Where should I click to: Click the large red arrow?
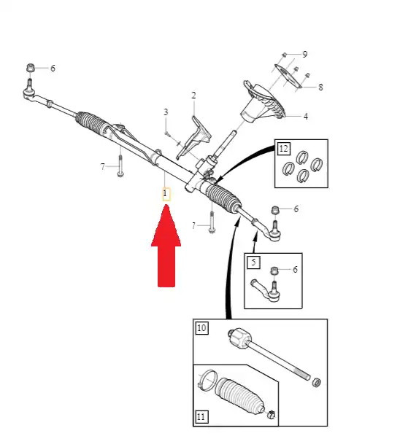coord(166,250)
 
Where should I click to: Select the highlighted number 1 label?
coord(166,194)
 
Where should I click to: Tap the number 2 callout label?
coord(193,96)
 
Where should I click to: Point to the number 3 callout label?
coord(166,112)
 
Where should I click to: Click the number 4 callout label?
coord(306,116)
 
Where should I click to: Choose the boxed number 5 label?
coord(253,262)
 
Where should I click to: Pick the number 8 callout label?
coord(320,87)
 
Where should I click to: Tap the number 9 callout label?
coord(305,54)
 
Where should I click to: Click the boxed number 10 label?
coord(201,328)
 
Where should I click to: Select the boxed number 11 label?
coord(201,417)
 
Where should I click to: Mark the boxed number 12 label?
coord(284,149)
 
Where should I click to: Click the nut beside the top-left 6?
coord(31,68)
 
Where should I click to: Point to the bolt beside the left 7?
coord(120,166)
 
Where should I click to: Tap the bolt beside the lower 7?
coord(212,222)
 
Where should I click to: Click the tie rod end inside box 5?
coord(266,290)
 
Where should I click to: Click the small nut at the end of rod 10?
coord(317,382)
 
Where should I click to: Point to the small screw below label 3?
coord(166,134)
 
